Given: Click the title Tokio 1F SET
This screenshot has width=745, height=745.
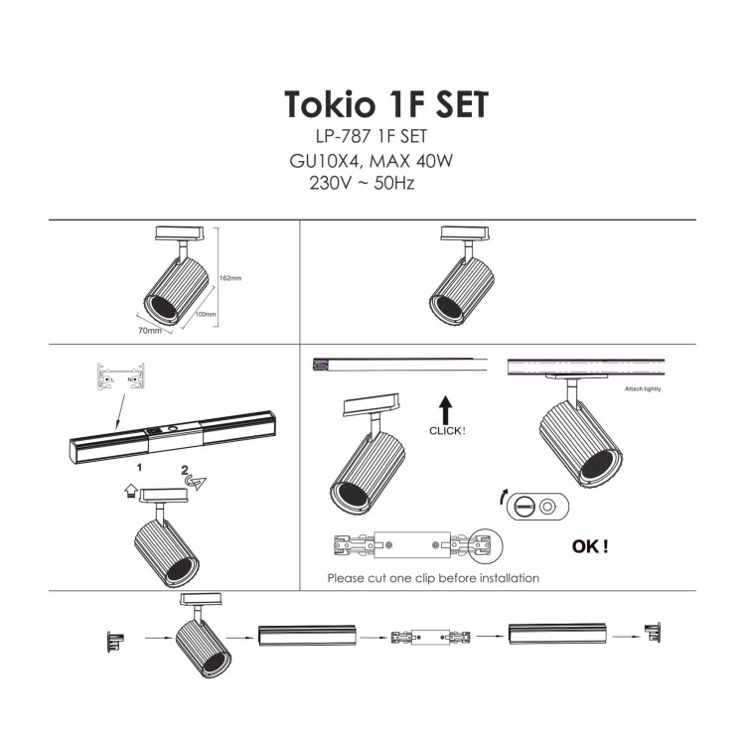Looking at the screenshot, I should pos(385,104).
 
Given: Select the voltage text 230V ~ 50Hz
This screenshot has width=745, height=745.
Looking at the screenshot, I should pos(362,184).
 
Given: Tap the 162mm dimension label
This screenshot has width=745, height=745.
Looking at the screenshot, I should pos(230,277).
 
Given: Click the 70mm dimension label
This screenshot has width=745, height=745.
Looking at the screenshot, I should pos(150,330).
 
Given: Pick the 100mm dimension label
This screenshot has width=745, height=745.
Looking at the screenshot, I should pos(206,314).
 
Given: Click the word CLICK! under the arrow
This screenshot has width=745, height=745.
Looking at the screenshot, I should pos(447,431).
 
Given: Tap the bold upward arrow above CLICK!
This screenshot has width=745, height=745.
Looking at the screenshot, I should pos(446,407).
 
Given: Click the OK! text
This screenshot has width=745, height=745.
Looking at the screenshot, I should pos(590,546).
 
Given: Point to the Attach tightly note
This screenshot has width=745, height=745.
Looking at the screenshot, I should pos(642,388).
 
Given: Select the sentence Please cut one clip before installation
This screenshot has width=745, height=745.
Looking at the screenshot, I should pos(433,577).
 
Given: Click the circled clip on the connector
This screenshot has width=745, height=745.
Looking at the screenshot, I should pos(486,544).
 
